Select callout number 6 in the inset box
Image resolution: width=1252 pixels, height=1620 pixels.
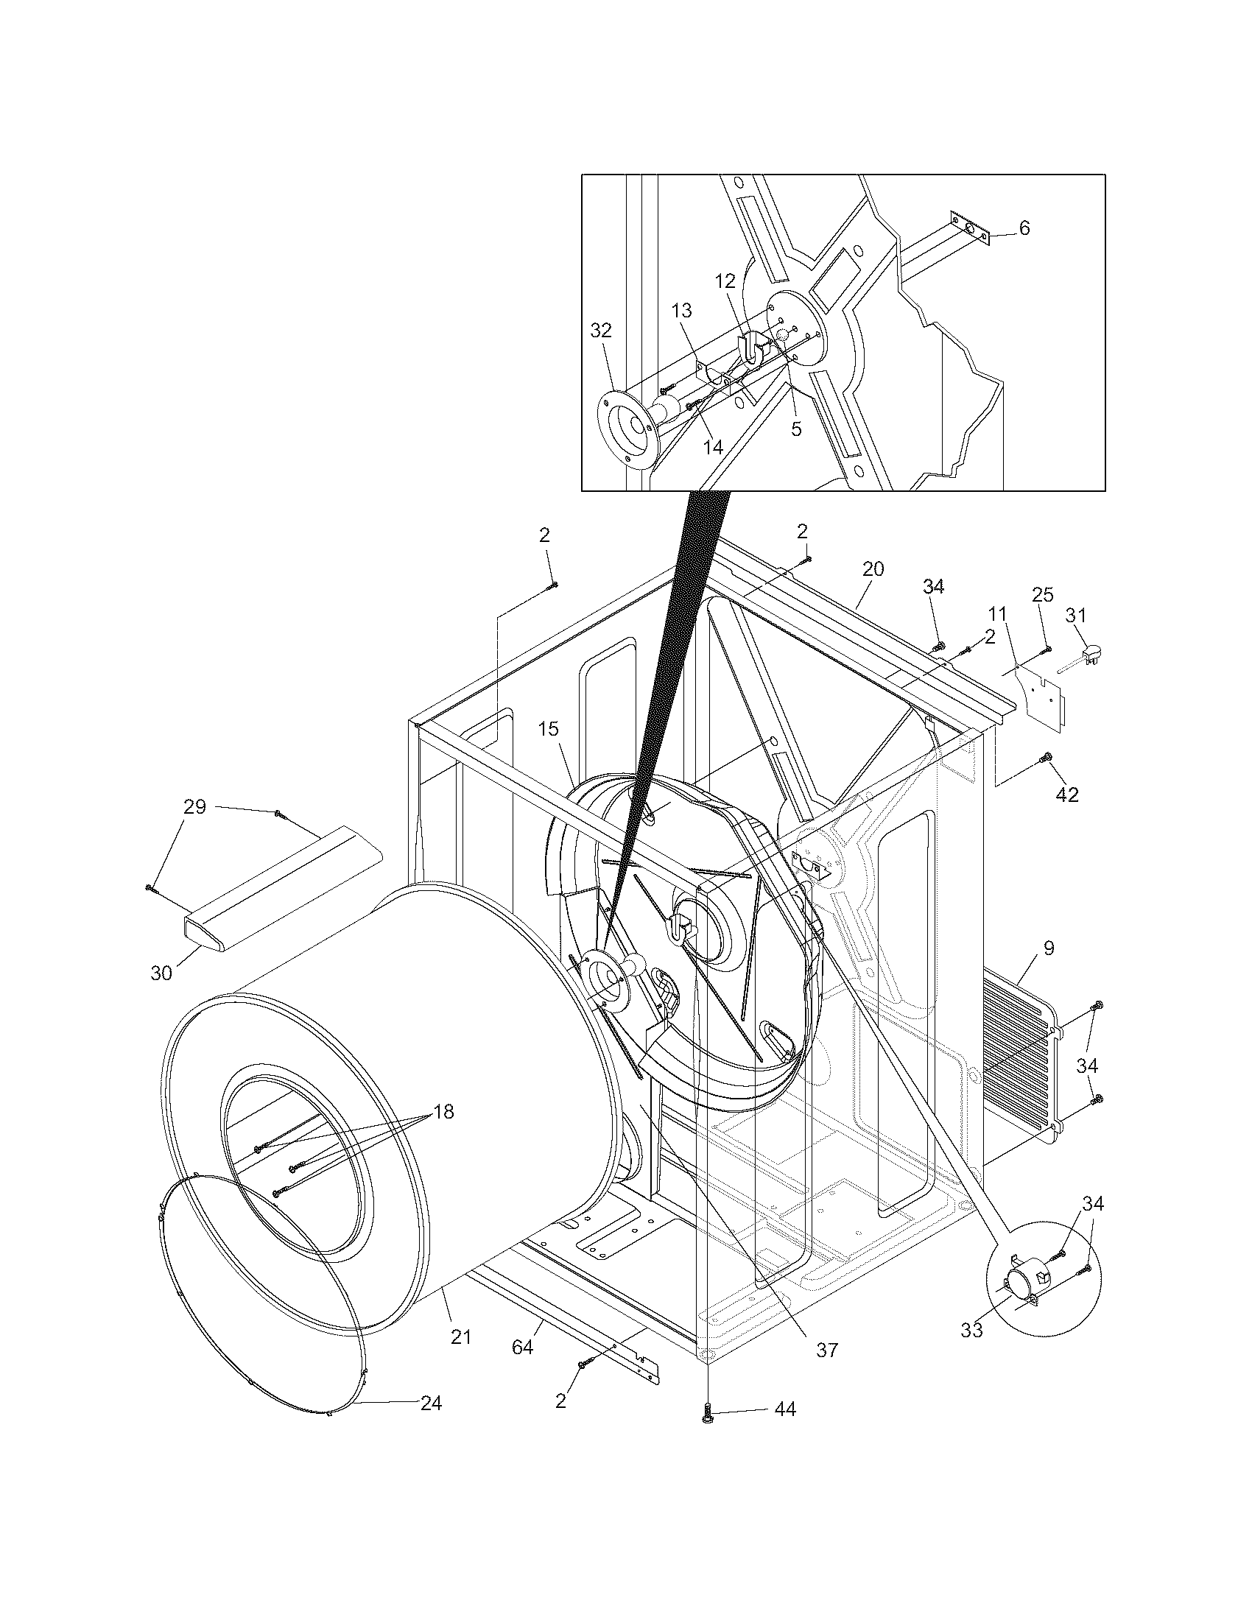tap(1024, 228)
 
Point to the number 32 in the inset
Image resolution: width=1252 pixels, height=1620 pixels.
tap(601, 330)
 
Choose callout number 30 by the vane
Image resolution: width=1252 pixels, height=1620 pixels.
tap(161, 973)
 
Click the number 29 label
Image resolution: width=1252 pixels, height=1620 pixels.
tap(194, 806)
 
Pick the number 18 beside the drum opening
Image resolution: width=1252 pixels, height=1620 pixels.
tap(443, 1111)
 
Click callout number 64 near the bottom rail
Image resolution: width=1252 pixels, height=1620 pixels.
tap(522, 1346)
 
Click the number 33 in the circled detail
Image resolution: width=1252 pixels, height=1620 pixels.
tap(971, 1330)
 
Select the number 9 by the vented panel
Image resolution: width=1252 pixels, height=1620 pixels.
tap(1048, 947)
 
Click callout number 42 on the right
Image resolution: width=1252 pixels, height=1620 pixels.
tap(1067, 795)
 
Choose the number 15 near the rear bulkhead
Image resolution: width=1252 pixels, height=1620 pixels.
tap(548, 728)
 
